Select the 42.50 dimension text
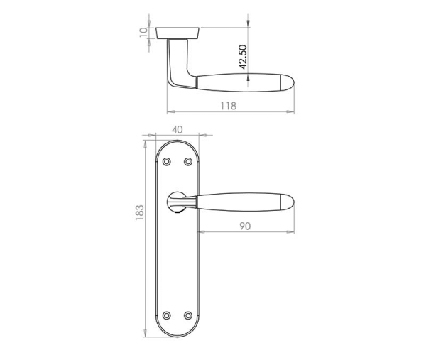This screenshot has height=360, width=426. (242, 57)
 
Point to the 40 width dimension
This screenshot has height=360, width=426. (177, 129)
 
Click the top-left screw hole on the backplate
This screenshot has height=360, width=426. (167, 163)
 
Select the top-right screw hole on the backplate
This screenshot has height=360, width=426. (188, 163)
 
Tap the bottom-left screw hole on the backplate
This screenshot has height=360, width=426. (167, 315)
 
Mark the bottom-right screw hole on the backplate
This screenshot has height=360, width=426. (188, 315)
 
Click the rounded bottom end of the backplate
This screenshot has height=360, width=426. (177, 334)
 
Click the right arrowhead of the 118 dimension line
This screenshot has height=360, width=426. (292, 112)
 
